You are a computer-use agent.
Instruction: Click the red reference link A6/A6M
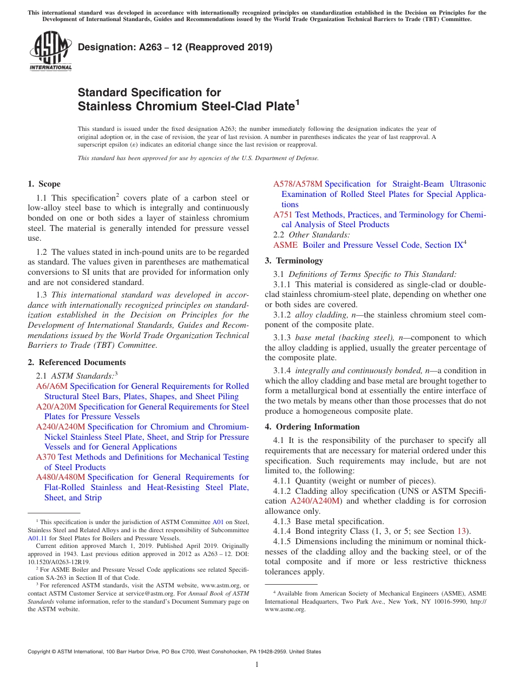[52, 386]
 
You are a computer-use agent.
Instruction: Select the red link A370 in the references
[46, 457]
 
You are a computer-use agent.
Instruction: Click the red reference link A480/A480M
[61, 477]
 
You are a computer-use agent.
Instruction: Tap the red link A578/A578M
[298, 184]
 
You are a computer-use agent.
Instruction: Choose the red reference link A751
[283, 215]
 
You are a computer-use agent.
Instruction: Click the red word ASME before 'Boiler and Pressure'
[286, 245]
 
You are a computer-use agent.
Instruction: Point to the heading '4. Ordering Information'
[312, 427]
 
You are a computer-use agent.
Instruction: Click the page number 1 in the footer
[257, 665]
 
